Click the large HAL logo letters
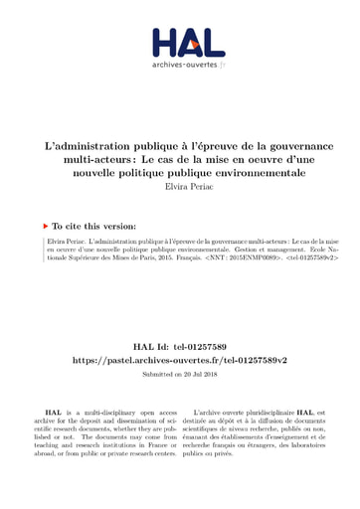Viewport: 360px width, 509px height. coord(180,43)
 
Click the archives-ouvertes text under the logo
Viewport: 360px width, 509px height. coord(180,68)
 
